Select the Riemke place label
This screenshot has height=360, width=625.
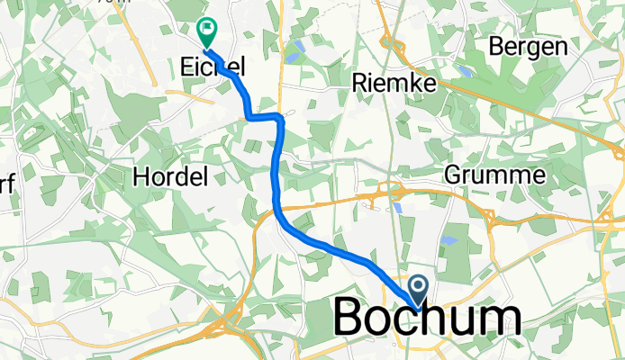[392, 84]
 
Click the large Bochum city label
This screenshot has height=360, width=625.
[427, 318]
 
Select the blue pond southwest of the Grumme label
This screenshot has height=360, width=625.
[448, 240]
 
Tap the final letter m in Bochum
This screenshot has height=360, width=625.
[496, 318]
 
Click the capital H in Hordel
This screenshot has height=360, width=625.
[140, 176]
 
